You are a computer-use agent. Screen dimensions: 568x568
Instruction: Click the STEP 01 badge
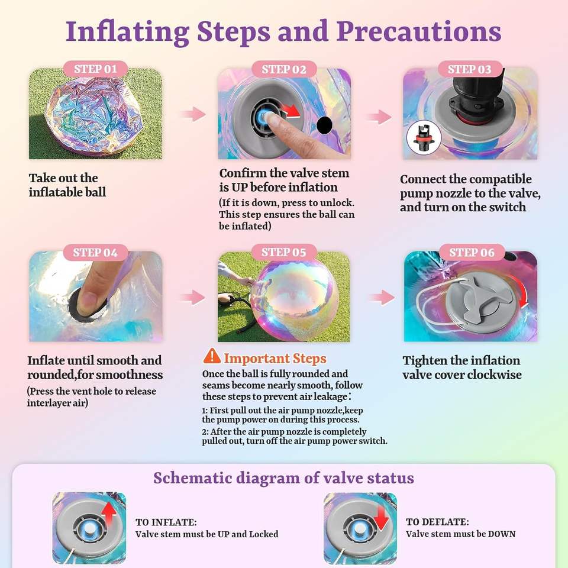pyautogui.click(x=95, y=69)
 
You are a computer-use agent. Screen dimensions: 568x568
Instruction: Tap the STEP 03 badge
pyautogui.click(x=470, y=69)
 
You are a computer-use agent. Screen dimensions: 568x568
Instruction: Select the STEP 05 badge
pyautogui.click(x=284, y=252)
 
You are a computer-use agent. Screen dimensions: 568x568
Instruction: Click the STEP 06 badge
pyautogui.click(x=472, y=252)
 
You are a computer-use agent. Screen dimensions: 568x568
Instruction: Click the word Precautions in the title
pyautogui.click(x=419, y=32)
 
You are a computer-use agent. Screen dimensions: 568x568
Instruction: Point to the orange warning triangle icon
pyautogui.click(x=212, y=356)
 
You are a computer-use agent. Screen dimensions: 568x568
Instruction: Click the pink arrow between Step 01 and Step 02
pyautogui.click(x=193, y=114)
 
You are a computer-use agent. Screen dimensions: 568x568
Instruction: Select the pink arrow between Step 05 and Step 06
pyautogui.click(x=382, y=298)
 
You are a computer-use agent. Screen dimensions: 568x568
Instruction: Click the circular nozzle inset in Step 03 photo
pyautogui.click(x=424, y=138)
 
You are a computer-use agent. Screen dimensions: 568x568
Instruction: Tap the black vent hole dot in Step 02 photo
pyautogui.click(x=324, y=125)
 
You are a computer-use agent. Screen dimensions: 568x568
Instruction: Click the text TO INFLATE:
pyautogui.click(x=166, y=522)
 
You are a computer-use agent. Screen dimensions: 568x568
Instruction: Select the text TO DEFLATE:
pyautogui.click(x=437, y=522)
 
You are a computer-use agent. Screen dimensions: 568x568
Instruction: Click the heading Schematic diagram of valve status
pyautogui.click(x=283, y=478)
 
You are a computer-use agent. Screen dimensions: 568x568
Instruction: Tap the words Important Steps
pyautogui.click(x=275, y=359)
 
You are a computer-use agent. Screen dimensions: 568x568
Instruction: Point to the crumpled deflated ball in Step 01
pyautogui.click(x=94, y=115)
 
